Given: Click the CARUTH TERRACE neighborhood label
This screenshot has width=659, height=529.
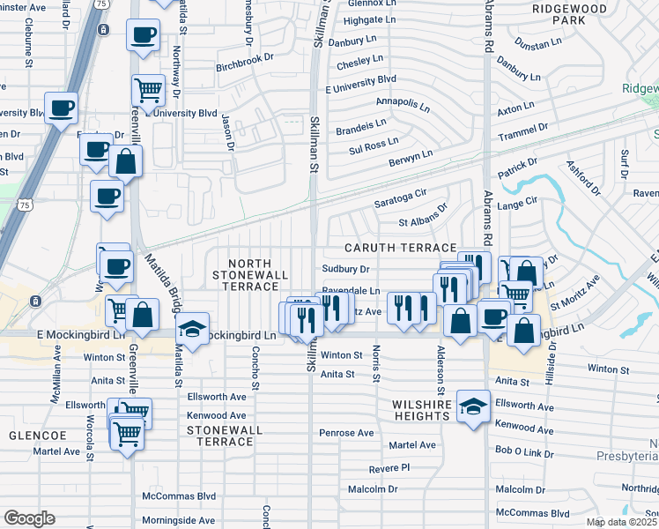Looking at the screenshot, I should (400, 249).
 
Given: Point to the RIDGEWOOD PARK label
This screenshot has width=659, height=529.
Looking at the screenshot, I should (570, 12).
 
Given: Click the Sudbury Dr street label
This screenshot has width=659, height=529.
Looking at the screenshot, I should (344, 269).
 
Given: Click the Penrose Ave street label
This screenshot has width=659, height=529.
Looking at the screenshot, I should (347, 433).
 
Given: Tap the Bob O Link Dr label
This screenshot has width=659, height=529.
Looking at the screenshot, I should (524, 453).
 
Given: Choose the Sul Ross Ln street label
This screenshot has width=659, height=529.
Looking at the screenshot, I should (374, 145).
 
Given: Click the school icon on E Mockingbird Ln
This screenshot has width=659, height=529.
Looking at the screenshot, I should (192, 328).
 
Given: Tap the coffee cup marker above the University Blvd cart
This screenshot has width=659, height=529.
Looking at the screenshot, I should (143, 36).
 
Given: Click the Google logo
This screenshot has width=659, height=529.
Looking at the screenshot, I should (29, 518).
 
